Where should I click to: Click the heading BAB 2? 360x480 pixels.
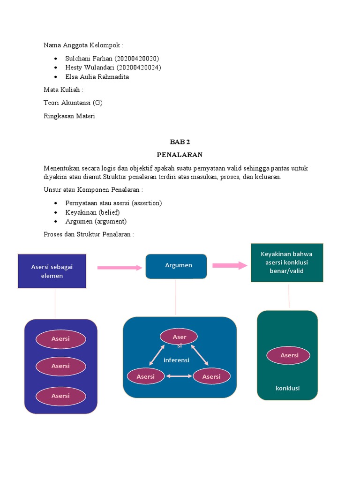click(180, 142)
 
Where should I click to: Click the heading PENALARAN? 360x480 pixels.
click(180, 154)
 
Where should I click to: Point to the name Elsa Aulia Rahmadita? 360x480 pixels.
click(97, 77)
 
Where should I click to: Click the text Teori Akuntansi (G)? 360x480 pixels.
click(73, 103)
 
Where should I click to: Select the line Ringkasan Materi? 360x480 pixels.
click(69, 116)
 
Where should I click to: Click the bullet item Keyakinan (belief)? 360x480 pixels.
click(92, 212)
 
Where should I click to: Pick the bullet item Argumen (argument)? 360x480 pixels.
click(96, 221)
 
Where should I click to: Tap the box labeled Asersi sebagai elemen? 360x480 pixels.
click(52, 271)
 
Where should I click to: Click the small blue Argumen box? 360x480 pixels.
click(176, 266)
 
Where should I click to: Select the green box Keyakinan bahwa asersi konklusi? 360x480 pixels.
click(287, 262)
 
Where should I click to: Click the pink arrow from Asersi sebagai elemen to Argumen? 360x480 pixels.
click(120, 268)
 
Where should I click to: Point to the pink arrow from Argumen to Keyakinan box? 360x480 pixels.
click(230, 265)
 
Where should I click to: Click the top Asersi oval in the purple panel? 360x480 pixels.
click(60, 339)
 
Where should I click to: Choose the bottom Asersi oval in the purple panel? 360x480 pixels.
click(60, 396)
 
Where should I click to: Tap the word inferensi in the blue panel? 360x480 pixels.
click(177, 360)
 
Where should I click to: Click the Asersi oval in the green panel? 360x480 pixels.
click(289, 355)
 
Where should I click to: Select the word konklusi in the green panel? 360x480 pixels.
click(287, 388)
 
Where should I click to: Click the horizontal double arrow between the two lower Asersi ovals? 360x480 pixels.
click(179, 376)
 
